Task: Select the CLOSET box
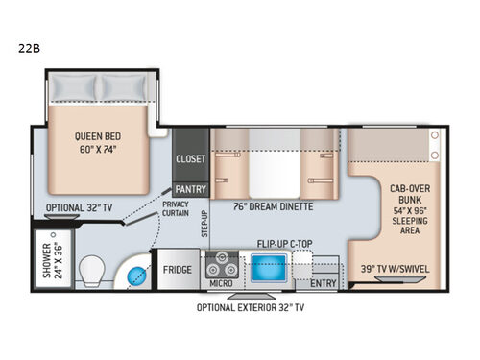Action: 187,160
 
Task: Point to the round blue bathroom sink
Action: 132,276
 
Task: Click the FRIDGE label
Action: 178,270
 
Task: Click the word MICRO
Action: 222,283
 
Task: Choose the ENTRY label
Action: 323,283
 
